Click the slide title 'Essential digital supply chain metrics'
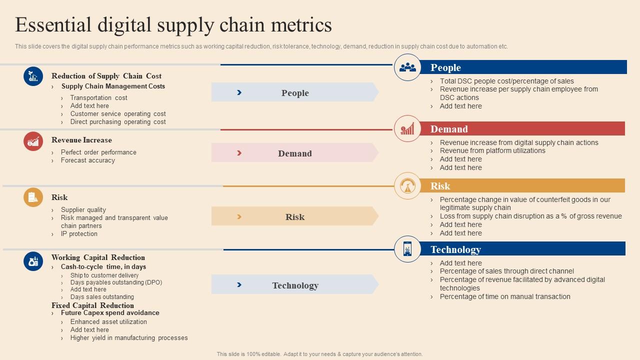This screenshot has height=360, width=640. coord(173,24)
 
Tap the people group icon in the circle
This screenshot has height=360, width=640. coord(407,67)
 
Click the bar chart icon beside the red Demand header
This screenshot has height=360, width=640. coord(407,129)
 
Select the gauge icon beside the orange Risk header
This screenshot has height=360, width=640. coord(407,186)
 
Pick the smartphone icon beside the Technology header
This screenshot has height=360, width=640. coord(407,249)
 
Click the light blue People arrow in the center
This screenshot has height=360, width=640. coord(294,92)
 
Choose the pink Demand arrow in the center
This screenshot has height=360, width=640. coord(294,153)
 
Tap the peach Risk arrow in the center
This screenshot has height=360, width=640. coord(294,216)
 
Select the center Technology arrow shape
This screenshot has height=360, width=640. coord(294,285)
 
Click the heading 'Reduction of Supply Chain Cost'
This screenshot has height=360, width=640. coord(106,76)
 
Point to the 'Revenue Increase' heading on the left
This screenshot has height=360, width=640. coord(81,140)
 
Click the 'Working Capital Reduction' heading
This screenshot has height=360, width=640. coord(98,257)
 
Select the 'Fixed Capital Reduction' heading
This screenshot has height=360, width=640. coord(92,305)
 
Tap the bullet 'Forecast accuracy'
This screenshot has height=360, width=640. coord(87,160)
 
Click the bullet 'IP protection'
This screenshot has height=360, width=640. coord(79,234)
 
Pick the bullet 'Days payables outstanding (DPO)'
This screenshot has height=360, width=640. coord(116,282)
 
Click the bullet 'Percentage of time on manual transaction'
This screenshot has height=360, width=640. coord(504,296)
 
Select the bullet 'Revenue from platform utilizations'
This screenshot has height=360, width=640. coord(492,150)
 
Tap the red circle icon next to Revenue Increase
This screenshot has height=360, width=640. coord(33,141)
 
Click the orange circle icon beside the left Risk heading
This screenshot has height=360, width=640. coord(33,197)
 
